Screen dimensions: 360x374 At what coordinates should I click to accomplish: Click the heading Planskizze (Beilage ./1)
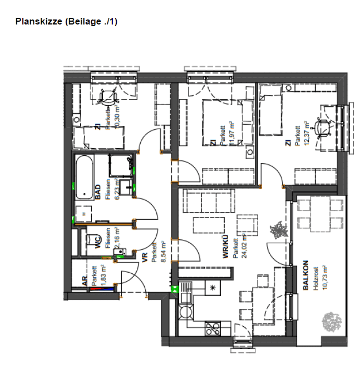point(66,22)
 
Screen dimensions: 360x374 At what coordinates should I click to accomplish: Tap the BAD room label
point(98,193)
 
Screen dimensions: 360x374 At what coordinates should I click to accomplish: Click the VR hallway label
point(145,257)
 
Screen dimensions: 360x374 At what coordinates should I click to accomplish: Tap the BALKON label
point(305,275)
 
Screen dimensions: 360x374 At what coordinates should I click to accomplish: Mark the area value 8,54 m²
point(163,254)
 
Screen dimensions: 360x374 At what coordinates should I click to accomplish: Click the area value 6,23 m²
point(116,188)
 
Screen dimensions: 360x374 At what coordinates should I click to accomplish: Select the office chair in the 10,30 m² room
point(106,98)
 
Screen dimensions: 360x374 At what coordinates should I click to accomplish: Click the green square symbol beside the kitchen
point(174,288)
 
